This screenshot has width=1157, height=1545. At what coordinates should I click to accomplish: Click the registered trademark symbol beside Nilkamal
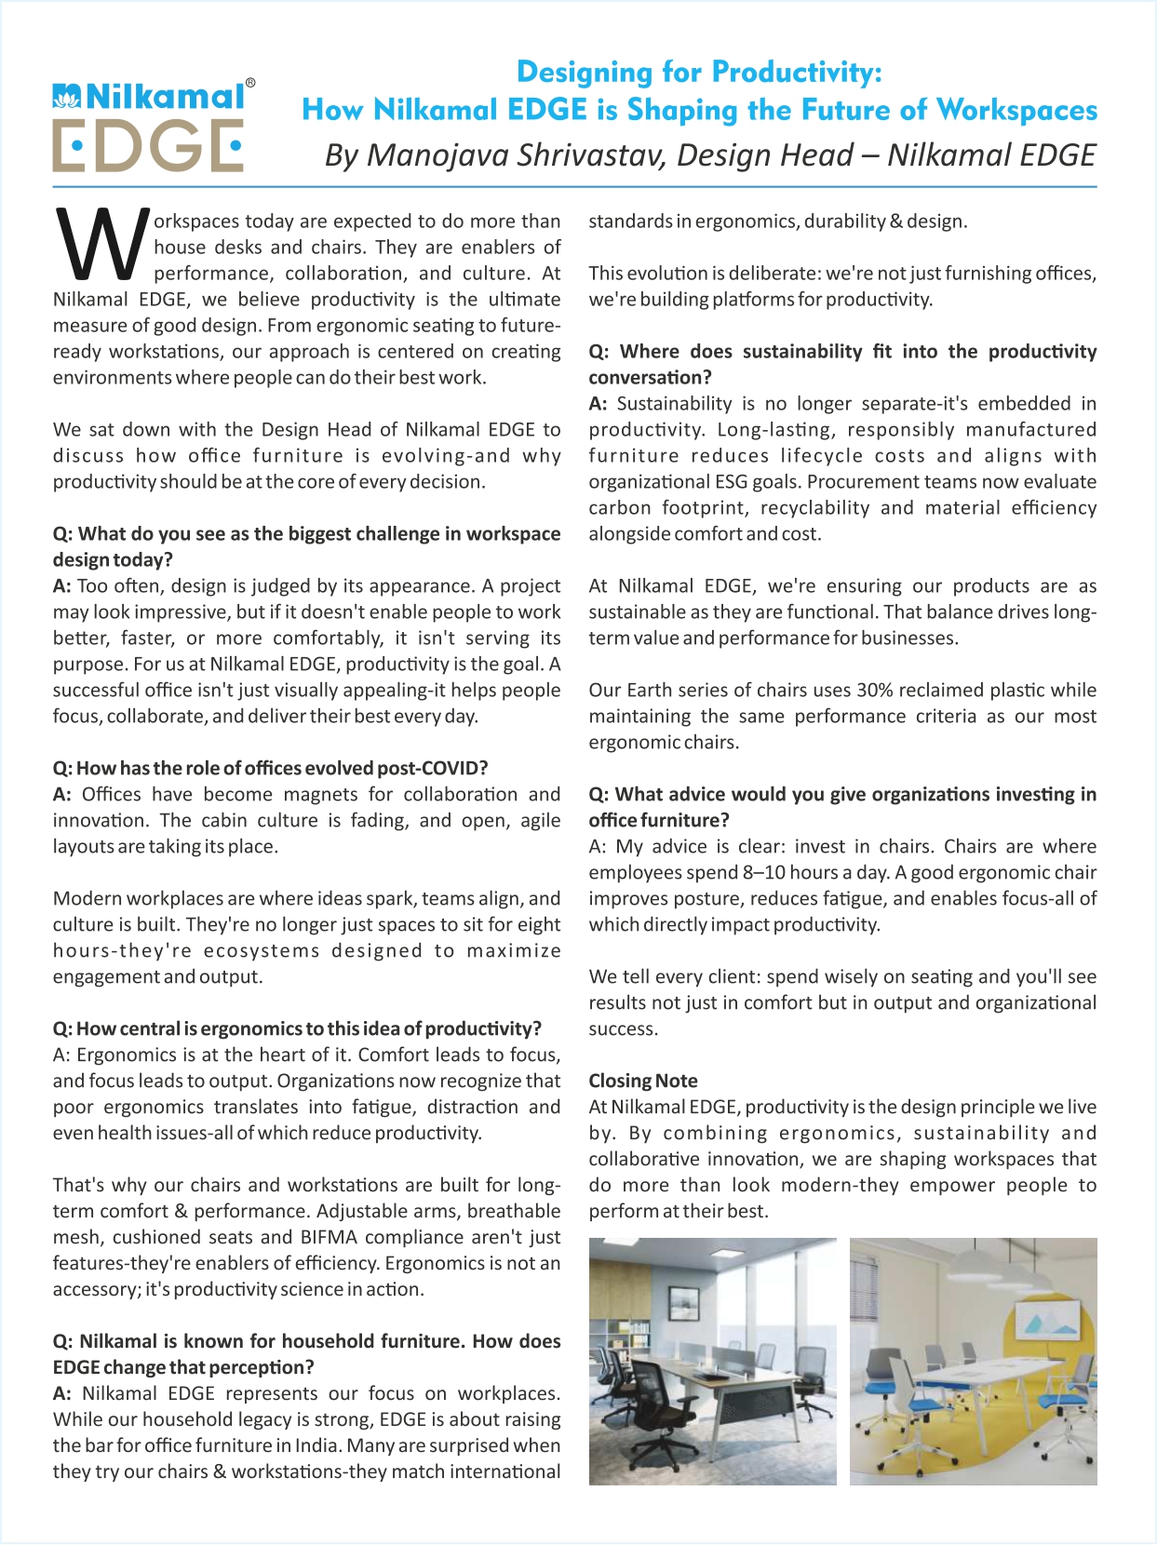coord(249,83)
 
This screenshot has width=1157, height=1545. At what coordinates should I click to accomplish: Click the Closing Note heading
coord(642,1081)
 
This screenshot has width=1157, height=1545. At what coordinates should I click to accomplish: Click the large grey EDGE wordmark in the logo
coord(147,145)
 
